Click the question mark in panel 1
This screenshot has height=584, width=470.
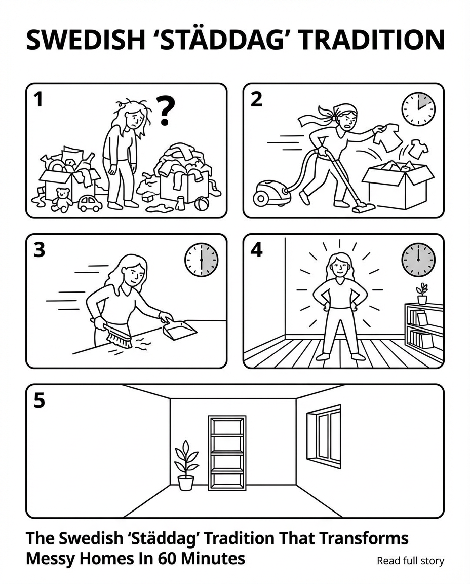165,110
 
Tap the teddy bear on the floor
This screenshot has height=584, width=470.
62,200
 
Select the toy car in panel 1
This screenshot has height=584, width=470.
90,203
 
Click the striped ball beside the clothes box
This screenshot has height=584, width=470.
202,204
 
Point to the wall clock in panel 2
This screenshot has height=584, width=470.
418,109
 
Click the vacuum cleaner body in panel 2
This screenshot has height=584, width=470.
271,193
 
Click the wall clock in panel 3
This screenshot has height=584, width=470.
202,260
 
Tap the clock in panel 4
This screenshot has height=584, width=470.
418,260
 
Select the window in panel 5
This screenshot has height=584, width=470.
324,436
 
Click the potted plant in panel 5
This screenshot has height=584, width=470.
186,465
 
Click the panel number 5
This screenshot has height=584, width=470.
39,400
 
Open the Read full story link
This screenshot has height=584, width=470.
410,561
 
